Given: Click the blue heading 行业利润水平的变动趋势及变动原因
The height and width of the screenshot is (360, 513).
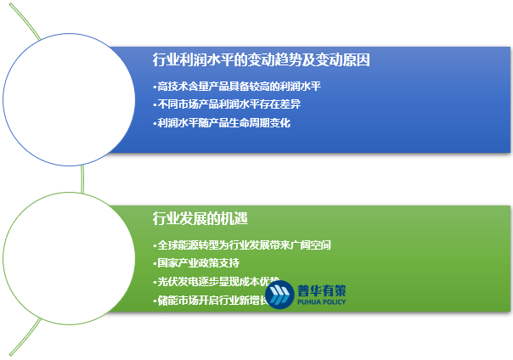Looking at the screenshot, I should (260, 60).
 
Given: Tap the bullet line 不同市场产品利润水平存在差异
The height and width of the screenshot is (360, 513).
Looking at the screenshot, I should (229, 104).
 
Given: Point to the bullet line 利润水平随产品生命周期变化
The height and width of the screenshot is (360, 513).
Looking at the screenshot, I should (224, 122).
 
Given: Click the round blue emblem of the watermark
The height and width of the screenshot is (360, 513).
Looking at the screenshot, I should (281, 295).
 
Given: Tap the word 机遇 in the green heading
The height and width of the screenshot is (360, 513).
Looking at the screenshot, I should (234, 218).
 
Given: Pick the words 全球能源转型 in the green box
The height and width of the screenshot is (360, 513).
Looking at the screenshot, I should (184, 245).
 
